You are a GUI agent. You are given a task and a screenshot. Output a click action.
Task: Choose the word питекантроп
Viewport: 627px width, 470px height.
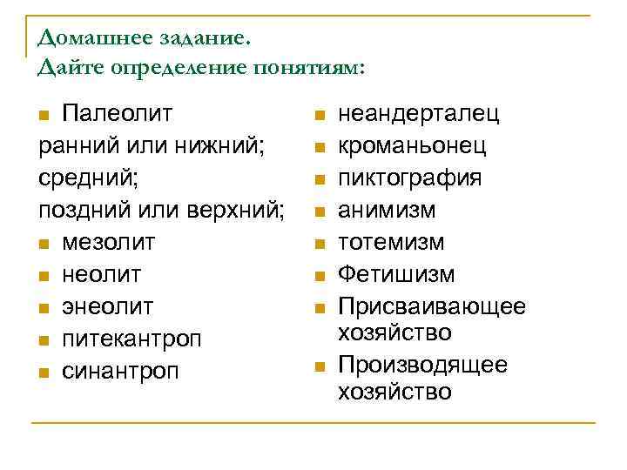131,339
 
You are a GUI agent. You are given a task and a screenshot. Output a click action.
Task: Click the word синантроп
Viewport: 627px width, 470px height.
120,371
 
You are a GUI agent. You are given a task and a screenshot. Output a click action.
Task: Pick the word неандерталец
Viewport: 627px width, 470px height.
418,114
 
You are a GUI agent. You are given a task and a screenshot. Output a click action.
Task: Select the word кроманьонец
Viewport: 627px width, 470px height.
412,146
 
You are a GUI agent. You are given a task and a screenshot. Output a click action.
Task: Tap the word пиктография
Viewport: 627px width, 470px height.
409,178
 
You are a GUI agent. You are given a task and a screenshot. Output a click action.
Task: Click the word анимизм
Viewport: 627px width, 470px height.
387,211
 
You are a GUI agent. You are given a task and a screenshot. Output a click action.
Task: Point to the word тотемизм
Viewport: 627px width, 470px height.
391,242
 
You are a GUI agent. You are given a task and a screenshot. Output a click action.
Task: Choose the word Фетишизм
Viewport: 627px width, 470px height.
396,274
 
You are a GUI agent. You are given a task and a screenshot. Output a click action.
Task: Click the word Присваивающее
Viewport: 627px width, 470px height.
431,306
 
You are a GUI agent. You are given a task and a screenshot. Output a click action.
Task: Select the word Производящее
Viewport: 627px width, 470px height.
422,365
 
